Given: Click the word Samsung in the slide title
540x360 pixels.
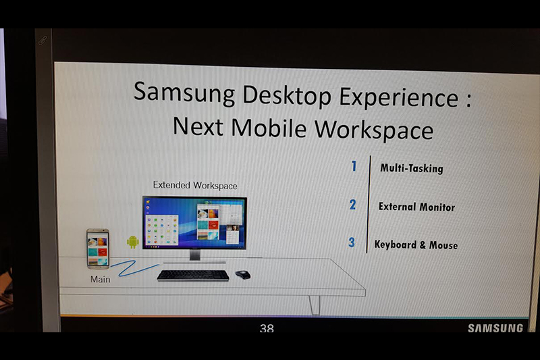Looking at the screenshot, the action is tap(184, 93).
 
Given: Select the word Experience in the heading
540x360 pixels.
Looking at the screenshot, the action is tap(398, 98).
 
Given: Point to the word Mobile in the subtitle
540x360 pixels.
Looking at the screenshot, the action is tap(269, 128).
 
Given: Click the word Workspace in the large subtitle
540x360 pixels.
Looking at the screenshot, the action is tap(374, 130).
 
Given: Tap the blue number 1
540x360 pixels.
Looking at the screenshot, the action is tap(354, 166).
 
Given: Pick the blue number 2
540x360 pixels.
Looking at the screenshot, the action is tap(352, 205).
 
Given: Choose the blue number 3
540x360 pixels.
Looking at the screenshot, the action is tap(351, 242).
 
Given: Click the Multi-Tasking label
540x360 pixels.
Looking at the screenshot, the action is tap(412, 168).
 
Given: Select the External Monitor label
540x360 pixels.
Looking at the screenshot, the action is tap(416, 207).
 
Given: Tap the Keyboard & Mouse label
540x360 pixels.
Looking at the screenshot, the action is tap(416, 245).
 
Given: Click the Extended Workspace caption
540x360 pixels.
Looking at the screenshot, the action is tap(195, 185).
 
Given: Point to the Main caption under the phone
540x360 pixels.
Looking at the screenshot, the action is tap(100, 280).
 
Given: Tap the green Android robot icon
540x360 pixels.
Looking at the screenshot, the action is tap(132, 242).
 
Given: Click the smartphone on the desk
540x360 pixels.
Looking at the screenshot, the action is tap(98, 249).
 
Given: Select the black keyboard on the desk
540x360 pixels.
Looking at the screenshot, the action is tap(193, 276).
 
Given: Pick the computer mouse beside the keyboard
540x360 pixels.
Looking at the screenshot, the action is tap(243, 275).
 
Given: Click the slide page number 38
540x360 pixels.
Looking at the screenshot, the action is tap(267, 328).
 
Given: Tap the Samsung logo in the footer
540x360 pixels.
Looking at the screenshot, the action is tap(495, 328).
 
